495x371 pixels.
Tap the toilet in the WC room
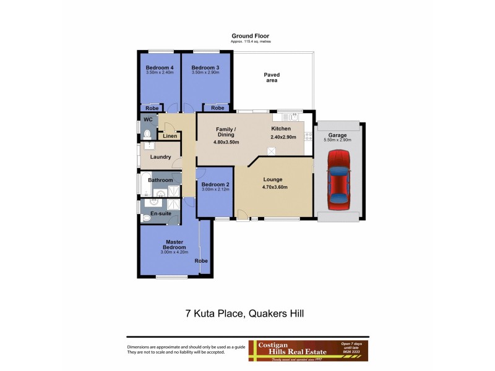click(147, 134)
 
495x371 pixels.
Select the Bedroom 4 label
click(159, 67)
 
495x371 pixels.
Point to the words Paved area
click(272, 77)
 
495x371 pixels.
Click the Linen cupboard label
click(170, 136)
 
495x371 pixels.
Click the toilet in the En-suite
click(146, 218)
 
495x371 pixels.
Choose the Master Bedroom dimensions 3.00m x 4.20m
click(176, 252)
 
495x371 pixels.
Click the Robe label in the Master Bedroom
click(201, 261)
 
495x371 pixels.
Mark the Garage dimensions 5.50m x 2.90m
click(337, 140)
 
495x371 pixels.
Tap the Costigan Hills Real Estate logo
click(308, 349)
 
